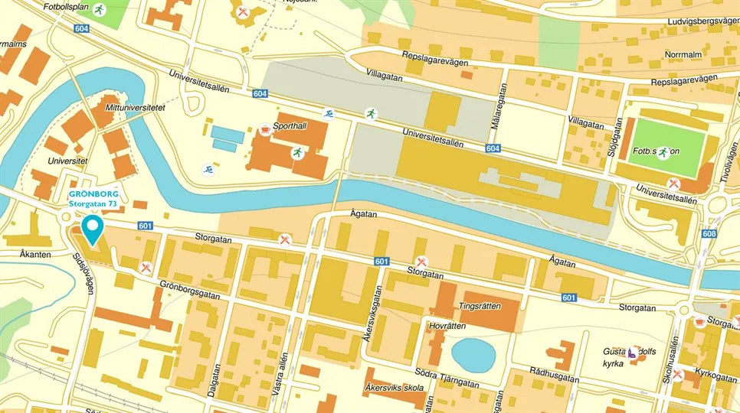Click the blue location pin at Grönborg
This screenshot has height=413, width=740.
click(93, 229)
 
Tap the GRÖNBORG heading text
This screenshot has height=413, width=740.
click(93, 194)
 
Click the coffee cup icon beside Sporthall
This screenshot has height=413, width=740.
click(265, 129)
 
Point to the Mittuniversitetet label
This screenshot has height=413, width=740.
click(136, 109)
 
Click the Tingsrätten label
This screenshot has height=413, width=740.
click(480, 306)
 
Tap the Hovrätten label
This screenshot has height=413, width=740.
click(447, 325)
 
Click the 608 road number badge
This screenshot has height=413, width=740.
click(709, 234)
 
